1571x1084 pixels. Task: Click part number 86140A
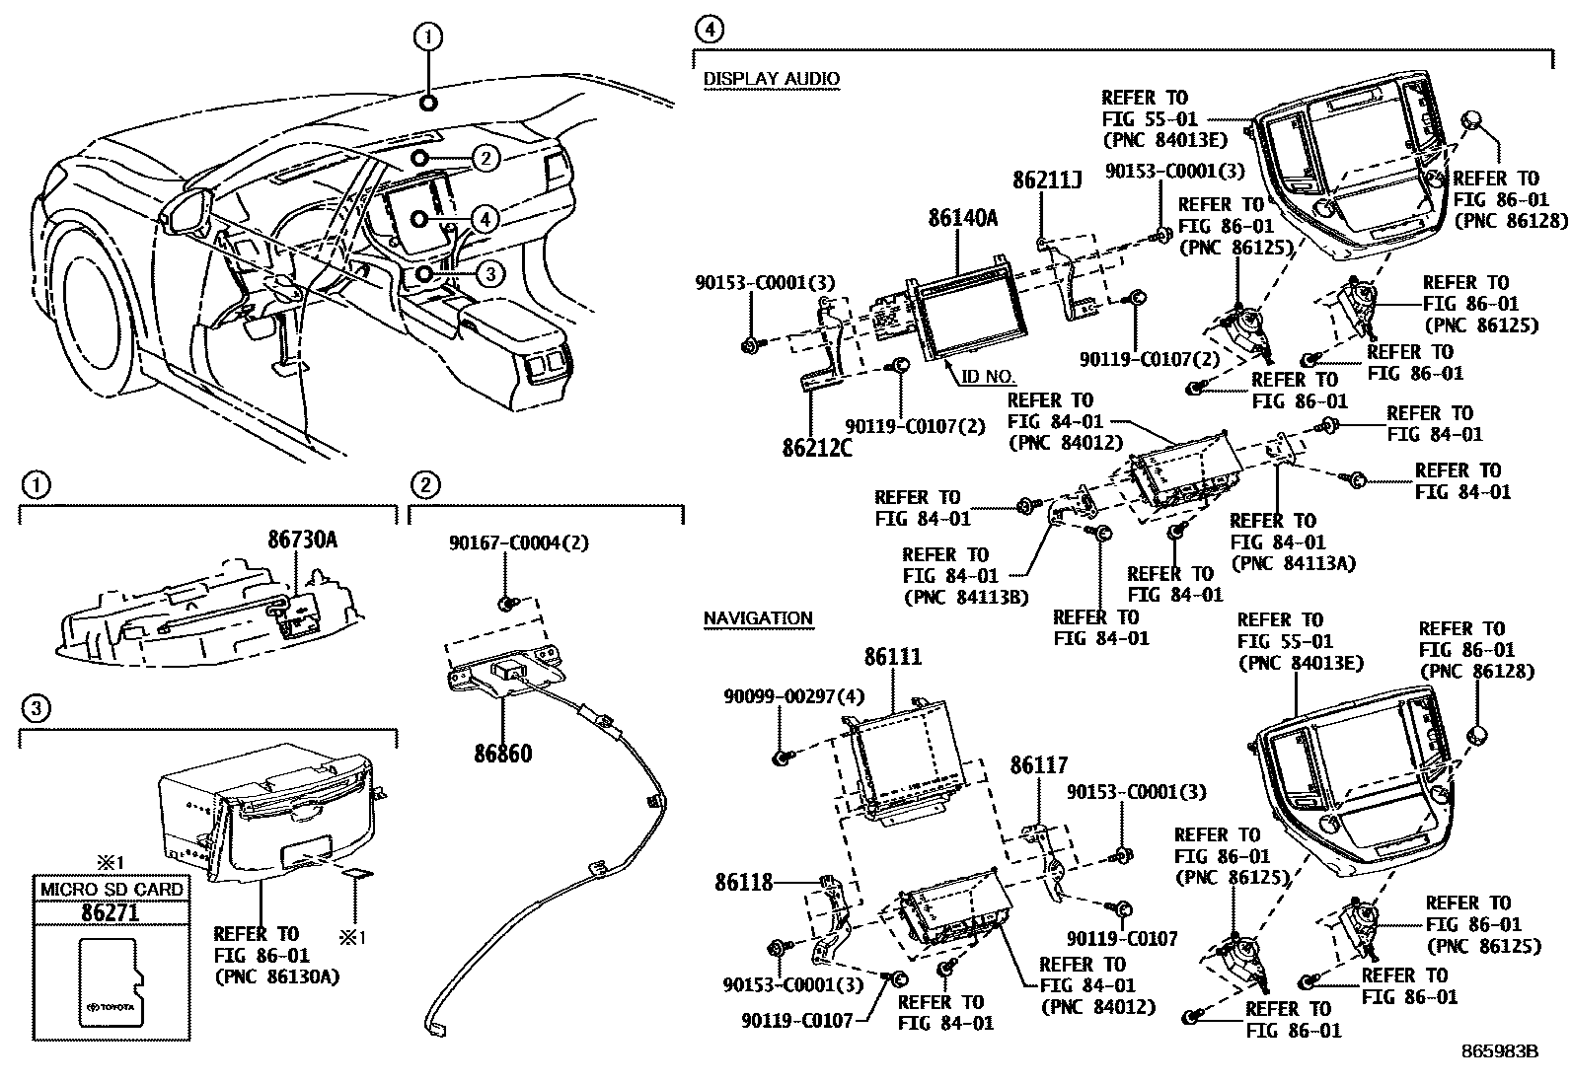point(962,219)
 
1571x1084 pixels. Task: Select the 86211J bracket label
point(1047,181)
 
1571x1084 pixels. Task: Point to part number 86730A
point(302,540)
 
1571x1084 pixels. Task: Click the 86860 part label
point(502,755)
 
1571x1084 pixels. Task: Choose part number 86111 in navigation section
point(893,657)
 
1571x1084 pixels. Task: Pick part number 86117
point(1038,766)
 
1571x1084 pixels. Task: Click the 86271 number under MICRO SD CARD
point(110,912)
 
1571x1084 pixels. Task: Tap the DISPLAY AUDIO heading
point(771,79)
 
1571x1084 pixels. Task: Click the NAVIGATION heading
point(758,618)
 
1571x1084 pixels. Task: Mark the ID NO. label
point(988,377)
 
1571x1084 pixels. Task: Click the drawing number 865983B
point(1500,1051)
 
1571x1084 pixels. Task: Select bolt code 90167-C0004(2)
point(518,542)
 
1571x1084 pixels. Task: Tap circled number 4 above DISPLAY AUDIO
point(709,29)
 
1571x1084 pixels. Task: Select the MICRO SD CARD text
point(111,889)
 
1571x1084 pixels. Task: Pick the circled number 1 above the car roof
point(427,37)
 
